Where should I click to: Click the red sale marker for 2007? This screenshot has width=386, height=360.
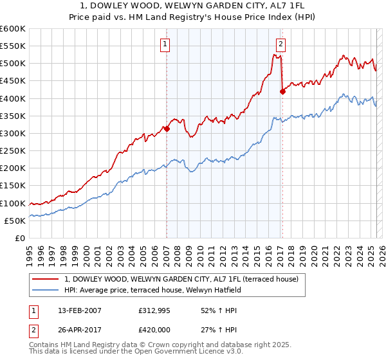[x=167, y=129]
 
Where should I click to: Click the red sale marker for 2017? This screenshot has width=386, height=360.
[x=282, y=91]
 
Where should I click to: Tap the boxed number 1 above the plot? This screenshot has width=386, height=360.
[x=165, y=44]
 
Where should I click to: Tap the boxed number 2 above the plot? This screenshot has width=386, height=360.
[x=281, y=44]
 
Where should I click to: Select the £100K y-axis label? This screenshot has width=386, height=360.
[x=13, y=203]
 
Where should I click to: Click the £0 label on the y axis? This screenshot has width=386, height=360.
[x=20, y=238]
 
